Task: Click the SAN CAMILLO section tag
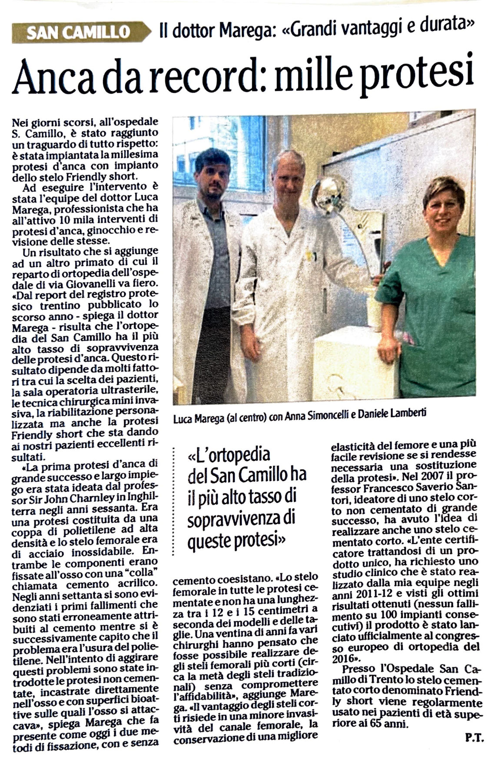pos(78,32)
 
